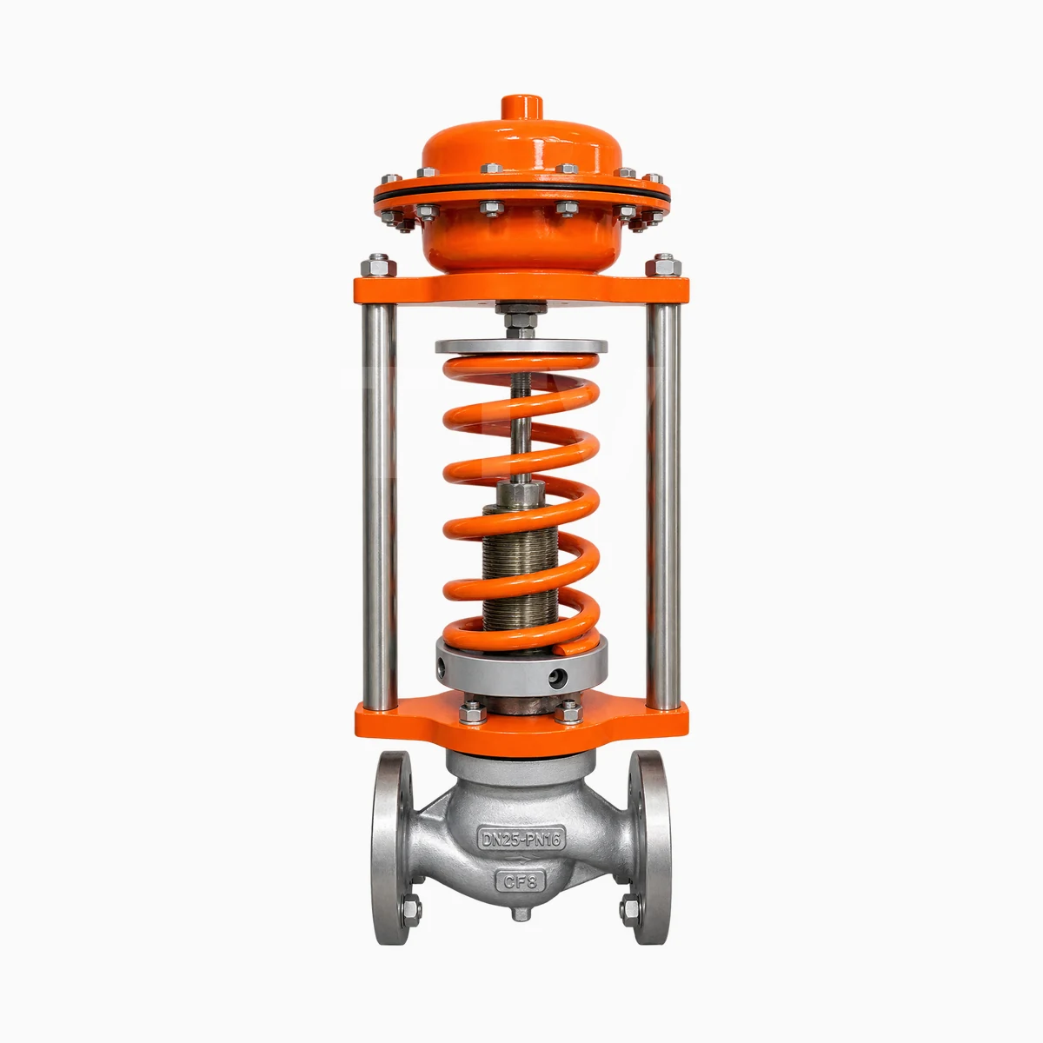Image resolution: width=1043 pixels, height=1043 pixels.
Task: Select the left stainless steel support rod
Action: (x=379, y=508)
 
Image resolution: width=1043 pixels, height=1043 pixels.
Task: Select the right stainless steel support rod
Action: (x=663, y=508)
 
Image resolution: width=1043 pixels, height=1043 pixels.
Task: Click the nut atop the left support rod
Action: (x=379, y=265)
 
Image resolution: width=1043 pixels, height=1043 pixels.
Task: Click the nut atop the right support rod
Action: (x=663, y=265)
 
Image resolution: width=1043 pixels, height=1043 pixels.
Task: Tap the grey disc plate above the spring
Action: (x=521, y=347)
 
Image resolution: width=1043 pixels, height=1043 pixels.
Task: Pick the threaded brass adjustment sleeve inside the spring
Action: (x=520, y=568)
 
